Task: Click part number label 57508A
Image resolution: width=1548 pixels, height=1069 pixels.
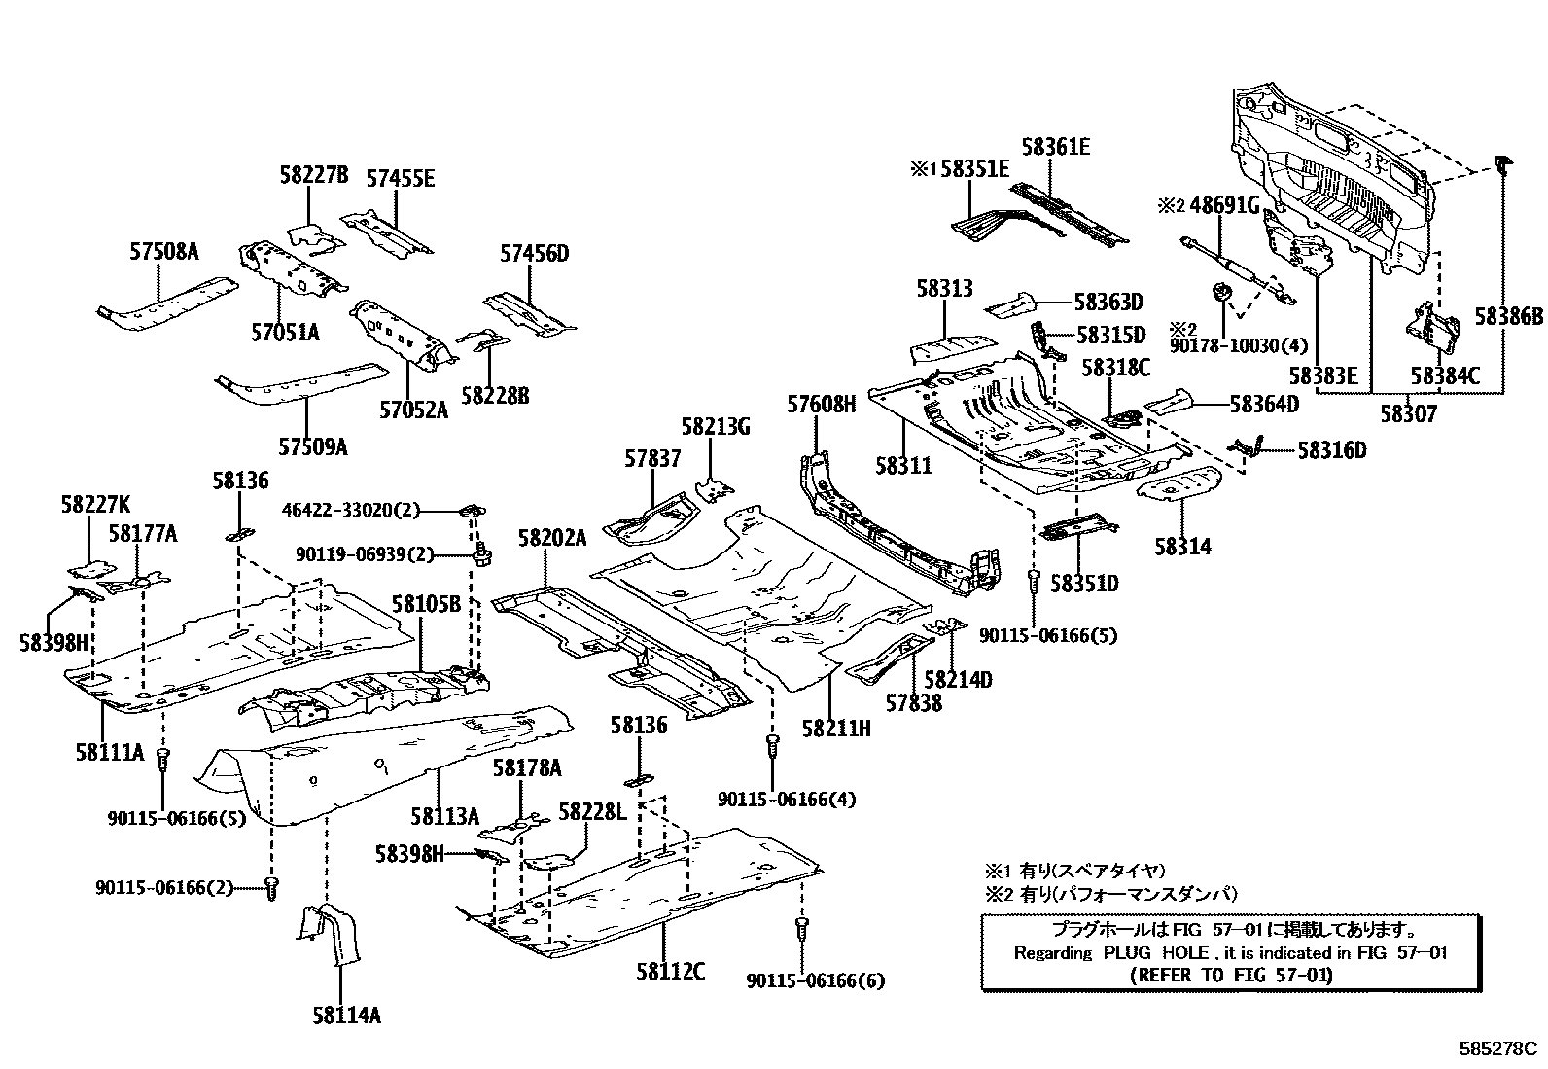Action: click(163, 252)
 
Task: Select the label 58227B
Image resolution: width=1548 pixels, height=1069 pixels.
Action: click(313, 176)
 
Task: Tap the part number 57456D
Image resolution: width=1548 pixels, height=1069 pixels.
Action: click(534, 254)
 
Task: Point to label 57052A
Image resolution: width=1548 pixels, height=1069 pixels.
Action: click(413, 410)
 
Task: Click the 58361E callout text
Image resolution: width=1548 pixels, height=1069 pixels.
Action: click(1055, 148)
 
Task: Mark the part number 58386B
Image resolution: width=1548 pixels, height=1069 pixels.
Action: click(1508, 316)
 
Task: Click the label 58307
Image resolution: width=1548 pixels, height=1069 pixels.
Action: click(1407, 413)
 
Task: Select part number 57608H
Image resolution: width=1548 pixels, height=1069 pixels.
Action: click(821, 404)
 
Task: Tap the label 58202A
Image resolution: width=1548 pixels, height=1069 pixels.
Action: click(552, 538)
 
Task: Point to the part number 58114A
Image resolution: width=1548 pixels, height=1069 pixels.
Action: click(346, 1016)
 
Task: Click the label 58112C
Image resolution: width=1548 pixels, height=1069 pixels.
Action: click(671, 971)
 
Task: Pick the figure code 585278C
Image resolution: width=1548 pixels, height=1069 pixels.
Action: click(1496, 1050)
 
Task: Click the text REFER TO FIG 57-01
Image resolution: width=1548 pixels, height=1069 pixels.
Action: click(1232, 974)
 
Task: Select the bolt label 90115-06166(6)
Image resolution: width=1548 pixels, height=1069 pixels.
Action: click(816, 981)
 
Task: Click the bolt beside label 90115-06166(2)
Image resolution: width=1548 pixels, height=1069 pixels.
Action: click(272, 887)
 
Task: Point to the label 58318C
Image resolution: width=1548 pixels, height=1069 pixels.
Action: click(1116, 368)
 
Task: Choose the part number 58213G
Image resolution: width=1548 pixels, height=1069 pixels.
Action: click(716, 427)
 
